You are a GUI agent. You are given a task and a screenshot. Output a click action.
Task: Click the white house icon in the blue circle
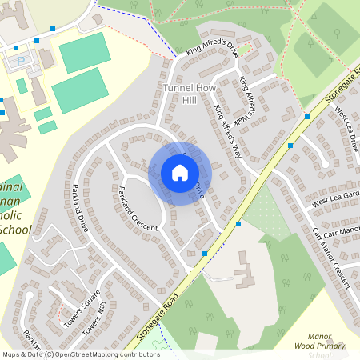pos(180,172)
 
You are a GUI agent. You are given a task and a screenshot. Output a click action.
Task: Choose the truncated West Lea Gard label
pos(336,198)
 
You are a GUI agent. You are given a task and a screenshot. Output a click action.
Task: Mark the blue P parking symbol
pos(21,60)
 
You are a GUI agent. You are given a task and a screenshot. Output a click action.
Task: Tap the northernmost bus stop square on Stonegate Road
pos(307,116)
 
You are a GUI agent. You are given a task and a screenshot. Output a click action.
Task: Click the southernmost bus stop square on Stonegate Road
pos(206,253)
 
